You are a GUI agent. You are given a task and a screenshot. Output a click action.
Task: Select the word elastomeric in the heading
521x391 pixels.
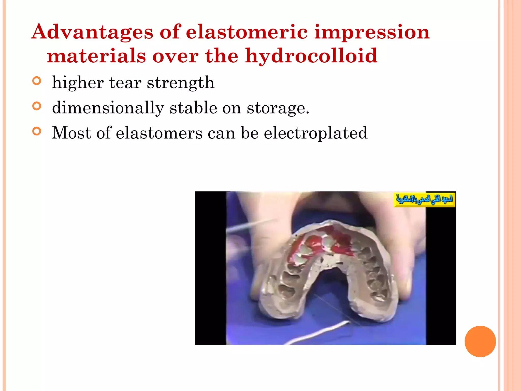[247, 32]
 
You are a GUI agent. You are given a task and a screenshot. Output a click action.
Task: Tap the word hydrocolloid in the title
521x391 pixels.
[311, 56]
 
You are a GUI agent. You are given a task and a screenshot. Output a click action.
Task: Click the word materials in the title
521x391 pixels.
[96, 56]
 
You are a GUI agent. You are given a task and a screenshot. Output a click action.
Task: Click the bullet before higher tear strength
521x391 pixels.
[37, 81]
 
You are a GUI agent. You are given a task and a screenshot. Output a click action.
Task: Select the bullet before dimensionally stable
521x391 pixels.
[37, 106]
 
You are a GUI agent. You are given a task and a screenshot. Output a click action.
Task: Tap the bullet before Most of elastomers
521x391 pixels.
[37, 131]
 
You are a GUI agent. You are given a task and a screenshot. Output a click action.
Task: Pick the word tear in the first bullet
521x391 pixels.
[125, 82]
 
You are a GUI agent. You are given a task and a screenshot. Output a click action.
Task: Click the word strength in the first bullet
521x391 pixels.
[181, 83]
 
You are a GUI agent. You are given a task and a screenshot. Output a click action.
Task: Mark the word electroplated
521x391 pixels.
[315, 133]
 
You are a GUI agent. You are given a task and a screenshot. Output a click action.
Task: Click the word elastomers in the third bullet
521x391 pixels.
[159, 133]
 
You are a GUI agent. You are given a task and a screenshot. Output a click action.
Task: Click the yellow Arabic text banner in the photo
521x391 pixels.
[424, 200]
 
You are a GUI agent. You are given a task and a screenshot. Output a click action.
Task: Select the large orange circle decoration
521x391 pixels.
[480, 341]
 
